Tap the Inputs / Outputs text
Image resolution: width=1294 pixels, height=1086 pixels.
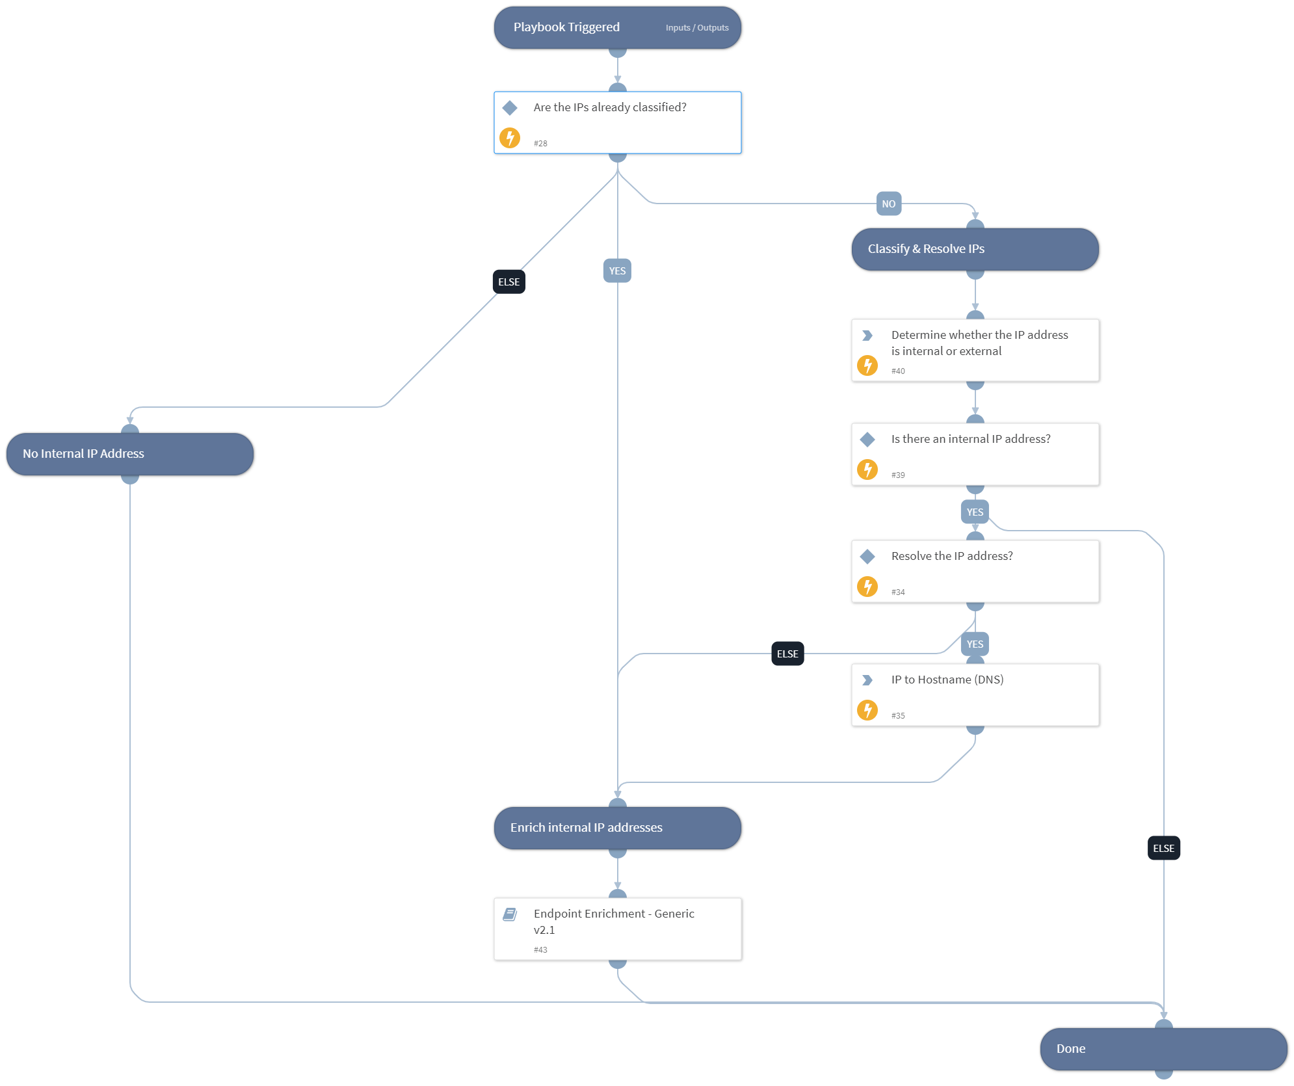point(697,28)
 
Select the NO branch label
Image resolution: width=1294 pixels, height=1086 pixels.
point(888,204)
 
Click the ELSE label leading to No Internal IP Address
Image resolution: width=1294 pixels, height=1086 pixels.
point(508,282)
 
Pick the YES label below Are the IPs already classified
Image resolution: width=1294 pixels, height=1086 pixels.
point(617,271)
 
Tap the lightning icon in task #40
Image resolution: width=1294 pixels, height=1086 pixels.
point(867,365)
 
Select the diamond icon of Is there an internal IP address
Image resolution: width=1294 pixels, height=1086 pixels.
point(867,440)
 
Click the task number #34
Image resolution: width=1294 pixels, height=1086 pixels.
point(898,592)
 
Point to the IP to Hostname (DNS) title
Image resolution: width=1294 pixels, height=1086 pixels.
point(947,680)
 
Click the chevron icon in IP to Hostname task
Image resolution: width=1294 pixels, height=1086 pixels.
point(867,680)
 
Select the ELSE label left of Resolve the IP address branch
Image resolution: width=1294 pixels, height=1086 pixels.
point(787,654)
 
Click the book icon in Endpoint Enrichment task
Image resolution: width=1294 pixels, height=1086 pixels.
point(510,914)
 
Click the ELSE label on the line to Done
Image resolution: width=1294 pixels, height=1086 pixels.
point(1163,848)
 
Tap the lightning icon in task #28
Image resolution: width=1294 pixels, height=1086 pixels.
point(510,138)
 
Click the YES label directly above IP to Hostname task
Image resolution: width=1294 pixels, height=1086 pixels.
point(974,644)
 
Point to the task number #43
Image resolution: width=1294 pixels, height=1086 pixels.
point(540,949)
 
